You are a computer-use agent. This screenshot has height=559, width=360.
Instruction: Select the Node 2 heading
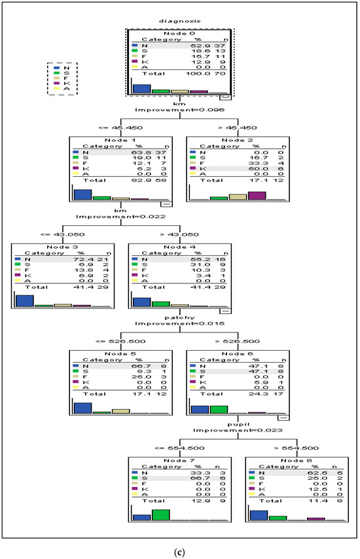[x=237, y=141]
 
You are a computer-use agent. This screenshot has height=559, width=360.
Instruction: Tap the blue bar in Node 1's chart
[x=82, y=194]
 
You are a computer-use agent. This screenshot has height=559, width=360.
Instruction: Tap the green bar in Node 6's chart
[x=219, y=409]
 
